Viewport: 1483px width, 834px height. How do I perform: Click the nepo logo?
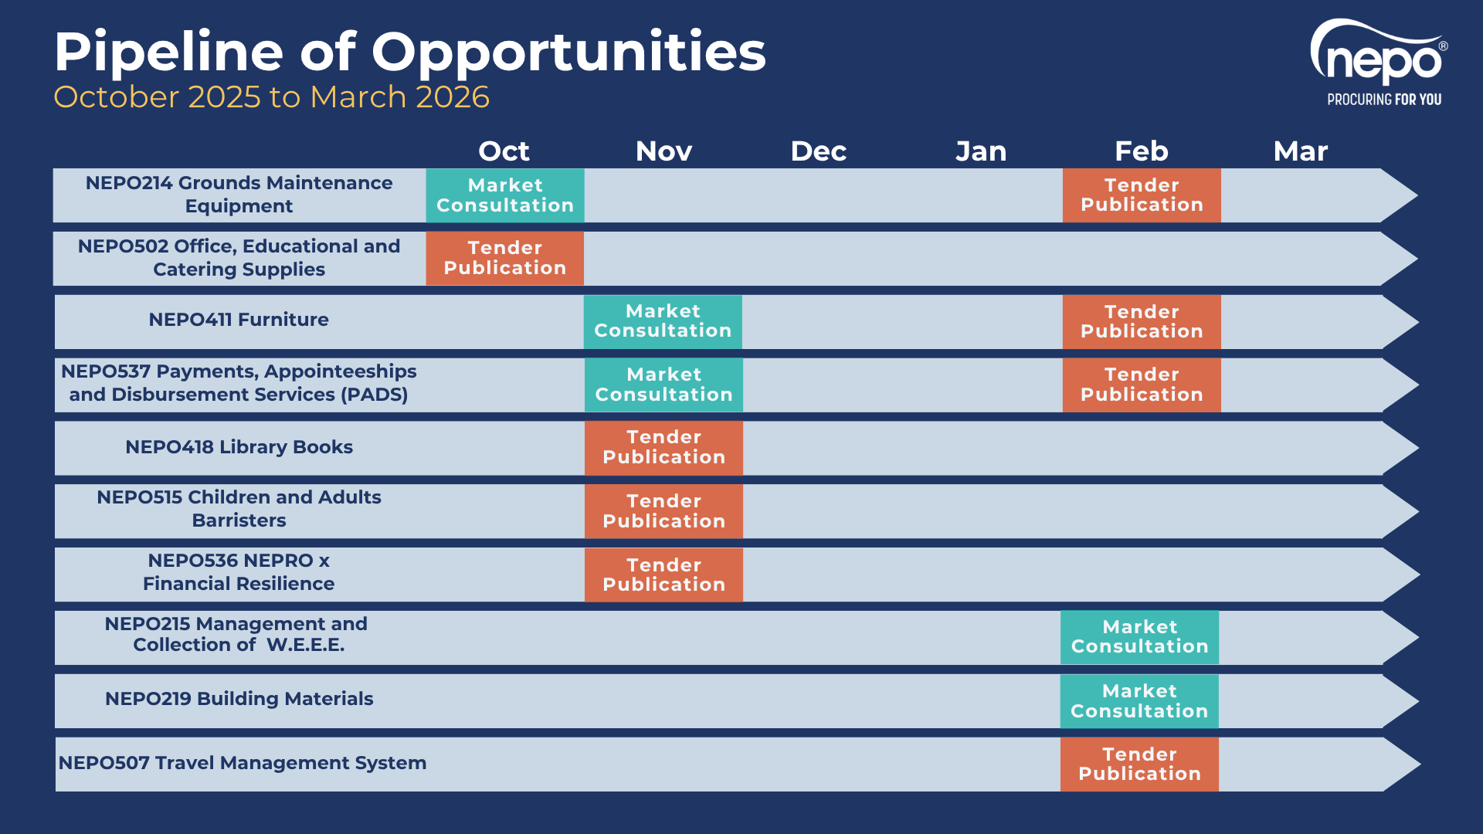point(1379,62)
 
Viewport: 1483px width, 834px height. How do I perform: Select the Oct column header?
point(504,151)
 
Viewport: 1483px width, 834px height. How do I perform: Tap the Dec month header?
point(818,151)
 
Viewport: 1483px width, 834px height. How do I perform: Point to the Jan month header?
point(981,151)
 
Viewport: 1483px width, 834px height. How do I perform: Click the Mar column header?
point(1301,151)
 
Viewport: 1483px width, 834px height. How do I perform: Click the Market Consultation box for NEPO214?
point(505,195)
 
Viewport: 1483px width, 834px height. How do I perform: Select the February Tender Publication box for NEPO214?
point(1142,195)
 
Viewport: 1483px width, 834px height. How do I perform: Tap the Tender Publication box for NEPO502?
point(505,258)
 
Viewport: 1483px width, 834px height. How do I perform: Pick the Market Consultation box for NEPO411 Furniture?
point(663,321)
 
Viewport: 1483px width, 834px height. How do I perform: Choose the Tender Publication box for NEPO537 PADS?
point(1142,385)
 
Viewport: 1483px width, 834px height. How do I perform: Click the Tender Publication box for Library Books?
point(663,448)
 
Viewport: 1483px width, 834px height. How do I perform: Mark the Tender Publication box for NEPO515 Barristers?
point(663,511)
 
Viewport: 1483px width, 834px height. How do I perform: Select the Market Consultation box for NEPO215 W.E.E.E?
point(1139,637)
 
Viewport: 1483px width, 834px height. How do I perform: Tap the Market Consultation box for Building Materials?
point(1139,701)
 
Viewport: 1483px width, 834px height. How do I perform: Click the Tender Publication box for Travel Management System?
point(1139,764)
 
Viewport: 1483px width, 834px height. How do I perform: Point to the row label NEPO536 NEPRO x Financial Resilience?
point(239,572)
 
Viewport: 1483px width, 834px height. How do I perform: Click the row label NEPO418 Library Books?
point(239,447)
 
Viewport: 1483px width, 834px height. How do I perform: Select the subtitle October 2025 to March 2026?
point(271,97)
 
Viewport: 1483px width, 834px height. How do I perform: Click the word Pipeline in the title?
point(169,53)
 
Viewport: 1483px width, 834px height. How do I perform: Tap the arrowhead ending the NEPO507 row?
point(1400,764)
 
